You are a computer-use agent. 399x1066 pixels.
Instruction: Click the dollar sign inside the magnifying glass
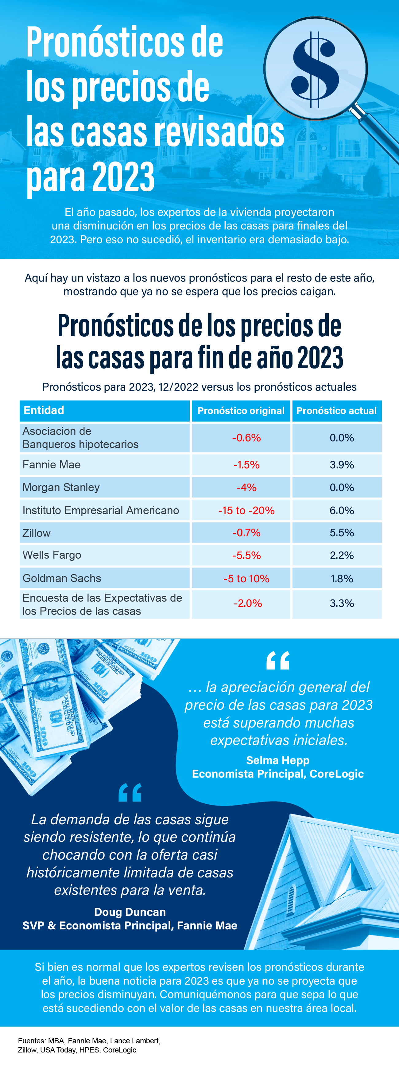(x=315, y=69)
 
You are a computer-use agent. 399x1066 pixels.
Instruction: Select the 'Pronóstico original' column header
(x=241, y=411)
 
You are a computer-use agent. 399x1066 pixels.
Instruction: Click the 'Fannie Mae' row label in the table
(x=52, y=464)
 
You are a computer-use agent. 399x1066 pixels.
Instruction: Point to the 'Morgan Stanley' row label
(x=61, y=487)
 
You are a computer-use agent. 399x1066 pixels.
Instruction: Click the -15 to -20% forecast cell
(x=246, y=510)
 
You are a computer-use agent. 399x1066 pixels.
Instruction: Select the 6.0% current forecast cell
(x=342, y=510)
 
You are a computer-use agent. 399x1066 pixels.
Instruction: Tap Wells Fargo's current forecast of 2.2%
(x=342, y=555)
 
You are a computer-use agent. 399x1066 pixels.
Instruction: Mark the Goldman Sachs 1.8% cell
(x=342, y=579)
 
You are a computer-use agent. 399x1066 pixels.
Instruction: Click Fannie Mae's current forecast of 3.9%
(x=342, y=465)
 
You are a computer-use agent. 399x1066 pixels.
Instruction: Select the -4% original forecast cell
(x=246, y=487)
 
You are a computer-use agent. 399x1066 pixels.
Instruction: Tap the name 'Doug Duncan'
(x=130, y=912)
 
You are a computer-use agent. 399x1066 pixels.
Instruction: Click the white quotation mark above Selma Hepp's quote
(x=278, y=661)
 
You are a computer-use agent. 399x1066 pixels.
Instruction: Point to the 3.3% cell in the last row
(x=342, y=603)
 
